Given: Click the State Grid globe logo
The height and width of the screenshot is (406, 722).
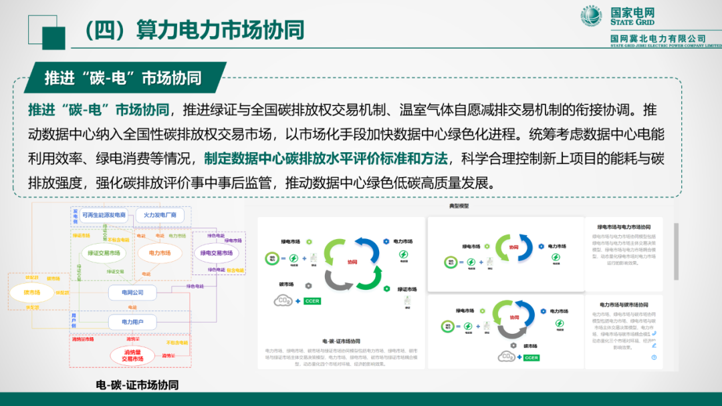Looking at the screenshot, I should pos(591,17).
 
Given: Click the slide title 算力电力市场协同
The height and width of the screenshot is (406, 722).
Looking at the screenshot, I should pos(194,29).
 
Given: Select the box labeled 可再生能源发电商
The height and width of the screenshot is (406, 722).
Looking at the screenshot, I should pos(104,215).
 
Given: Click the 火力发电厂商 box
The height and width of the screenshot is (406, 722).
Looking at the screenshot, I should pos(160,215).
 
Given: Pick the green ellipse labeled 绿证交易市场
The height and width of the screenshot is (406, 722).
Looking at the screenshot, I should pos(104,253).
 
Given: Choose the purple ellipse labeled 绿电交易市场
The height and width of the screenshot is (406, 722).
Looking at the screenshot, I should pos(217,253).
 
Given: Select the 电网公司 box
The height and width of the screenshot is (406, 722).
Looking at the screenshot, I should pos(132,292).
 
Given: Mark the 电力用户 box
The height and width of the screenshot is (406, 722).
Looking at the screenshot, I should pos(132,323).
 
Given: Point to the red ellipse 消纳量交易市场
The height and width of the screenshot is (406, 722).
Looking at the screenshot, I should pos(132,355).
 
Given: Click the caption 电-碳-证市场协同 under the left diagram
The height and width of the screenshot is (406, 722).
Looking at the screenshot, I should pos(137,385).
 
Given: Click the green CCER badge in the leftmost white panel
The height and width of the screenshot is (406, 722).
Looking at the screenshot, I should pos(313,302).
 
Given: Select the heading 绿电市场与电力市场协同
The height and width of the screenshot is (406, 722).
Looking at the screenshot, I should pos(623,227).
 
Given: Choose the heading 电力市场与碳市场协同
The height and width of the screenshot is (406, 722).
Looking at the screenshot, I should pos(623,304).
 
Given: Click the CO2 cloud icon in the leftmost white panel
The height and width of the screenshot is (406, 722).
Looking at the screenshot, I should pos(283,301).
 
